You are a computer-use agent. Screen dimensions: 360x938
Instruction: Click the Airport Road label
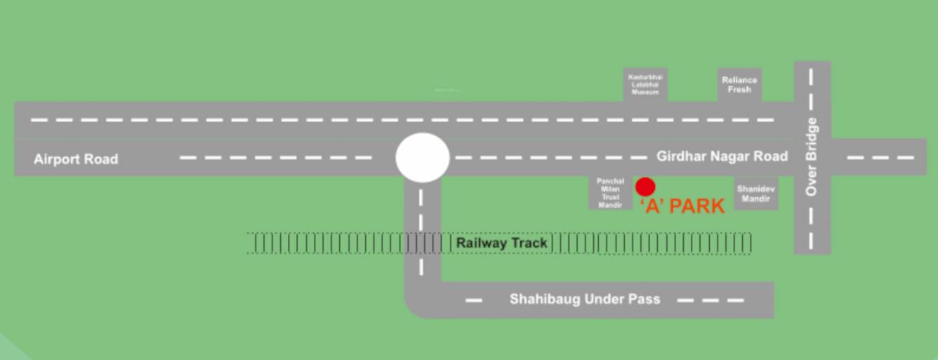(x=76, y=159)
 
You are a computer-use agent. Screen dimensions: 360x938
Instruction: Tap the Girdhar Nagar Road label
(x=722, y=156)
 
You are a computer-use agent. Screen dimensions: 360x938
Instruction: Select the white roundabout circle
(x=422, y=158)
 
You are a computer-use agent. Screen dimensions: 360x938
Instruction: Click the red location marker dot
(x=645, y=187)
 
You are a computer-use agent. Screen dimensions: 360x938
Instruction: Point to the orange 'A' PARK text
(x=682, y=206)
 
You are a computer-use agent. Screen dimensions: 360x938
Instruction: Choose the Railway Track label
(x=501, y=244)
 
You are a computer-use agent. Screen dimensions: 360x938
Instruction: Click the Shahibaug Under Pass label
(x=585, y=300)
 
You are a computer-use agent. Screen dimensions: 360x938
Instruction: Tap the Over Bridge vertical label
(x=812, y=156)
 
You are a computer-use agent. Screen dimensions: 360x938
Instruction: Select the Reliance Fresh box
(x=739, y=85)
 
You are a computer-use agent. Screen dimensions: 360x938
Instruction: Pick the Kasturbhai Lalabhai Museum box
(x=645, y=84)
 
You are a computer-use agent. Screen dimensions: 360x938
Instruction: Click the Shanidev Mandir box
(x=756, y=194)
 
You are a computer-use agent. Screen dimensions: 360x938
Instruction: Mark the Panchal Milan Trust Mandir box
(x=610, y=193)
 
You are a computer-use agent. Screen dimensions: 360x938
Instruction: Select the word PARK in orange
(x=697, y=206)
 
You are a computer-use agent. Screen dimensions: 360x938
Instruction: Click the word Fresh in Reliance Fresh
(x=739, y=90)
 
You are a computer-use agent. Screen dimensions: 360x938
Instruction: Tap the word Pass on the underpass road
(x=647, y=300)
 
